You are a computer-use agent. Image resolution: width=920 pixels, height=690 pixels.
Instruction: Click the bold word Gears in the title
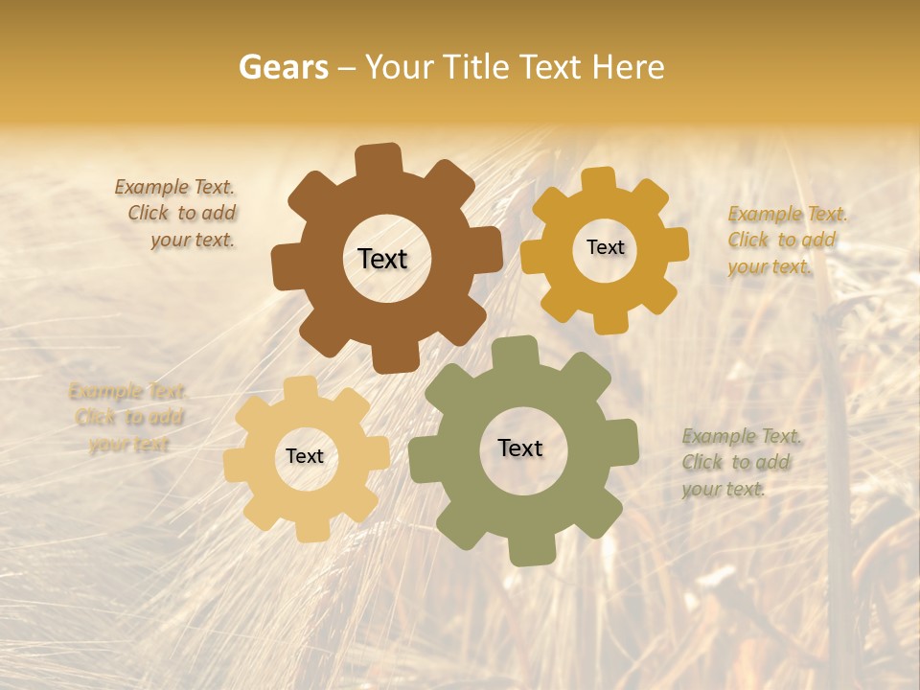tap(283, 67)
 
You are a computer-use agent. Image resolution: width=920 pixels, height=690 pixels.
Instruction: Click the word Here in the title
tap(628, 67)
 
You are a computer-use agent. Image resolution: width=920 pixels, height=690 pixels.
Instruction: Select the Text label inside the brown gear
tap(382, 259)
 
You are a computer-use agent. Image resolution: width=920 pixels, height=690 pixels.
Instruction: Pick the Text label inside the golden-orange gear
tap(605, 247)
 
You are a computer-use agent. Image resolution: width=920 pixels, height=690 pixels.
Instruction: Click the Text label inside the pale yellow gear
tap(305, 456)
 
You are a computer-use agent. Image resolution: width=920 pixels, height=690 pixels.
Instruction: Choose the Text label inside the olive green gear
tap(520, 448)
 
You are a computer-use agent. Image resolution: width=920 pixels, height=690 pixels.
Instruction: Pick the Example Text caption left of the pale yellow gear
tap(128, 418)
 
